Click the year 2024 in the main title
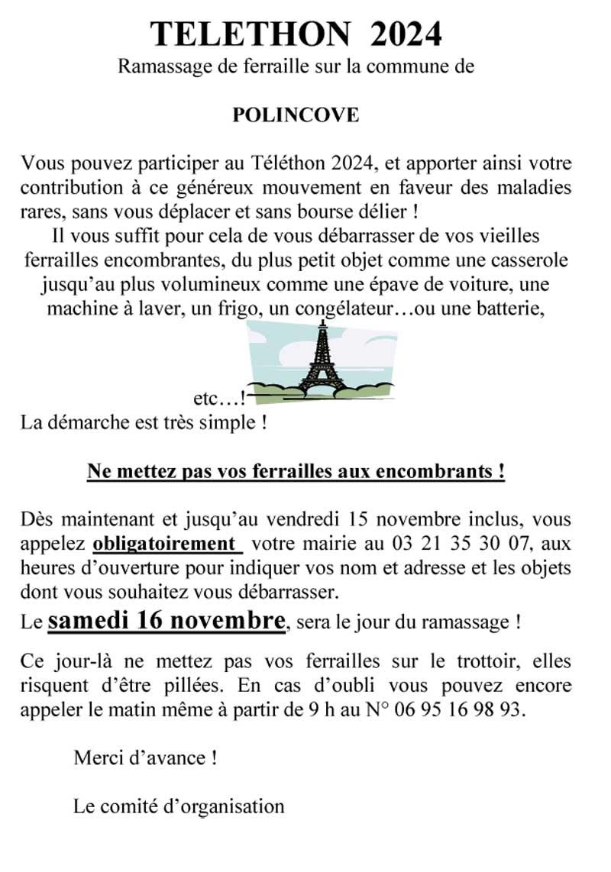pos(406,34)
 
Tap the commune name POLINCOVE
pos(295,116)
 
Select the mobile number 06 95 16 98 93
pos(457,709)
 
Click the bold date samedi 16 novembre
pos(166,620)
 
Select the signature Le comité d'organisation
pos(179,806)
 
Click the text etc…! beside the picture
pos(218,399)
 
